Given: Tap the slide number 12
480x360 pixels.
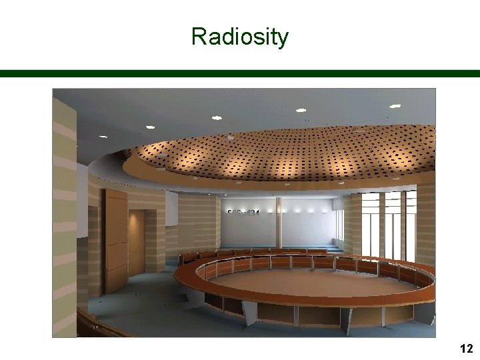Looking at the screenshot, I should coord(466,348).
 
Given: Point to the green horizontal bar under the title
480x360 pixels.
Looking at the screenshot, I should coord(240,73).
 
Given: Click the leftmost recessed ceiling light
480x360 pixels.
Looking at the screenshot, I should coord(102,136).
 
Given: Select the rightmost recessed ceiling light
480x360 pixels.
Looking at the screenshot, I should coord(395,106).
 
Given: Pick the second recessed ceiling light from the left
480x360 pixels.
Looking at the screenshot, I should coord(150,127).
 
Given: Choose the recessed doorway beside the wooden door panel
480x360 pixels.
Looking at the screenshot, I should coord(137,243).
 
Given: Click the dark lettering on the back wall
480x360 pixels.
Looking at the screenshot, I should coord(243,213).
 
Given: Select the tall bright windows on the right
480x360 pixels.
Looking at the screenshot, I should coord(387,223).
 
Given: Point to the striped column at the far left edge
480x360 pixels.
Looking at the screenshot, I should coord(65,213).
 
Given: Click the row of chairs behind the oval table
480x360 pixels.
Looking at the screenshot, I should coord(253,253).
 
